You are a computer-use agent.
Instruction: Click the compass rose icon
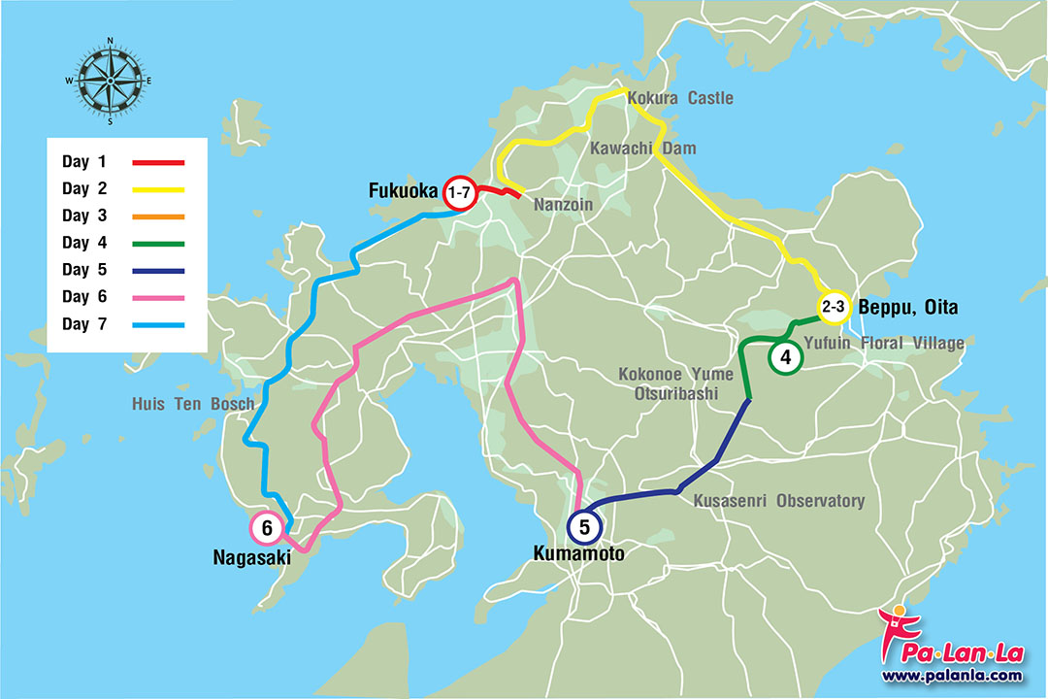pyautogui.click(x=110, y=82)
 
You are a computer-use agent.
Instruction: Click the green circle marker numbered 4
pyautogui.click(x=785, y=357)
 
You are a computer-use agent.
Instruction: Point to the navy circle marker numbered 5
pyautogui.click(x=584, y=527)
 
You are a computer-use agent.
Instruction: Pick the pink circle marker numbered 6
pyautogui.click(x=267, y=528)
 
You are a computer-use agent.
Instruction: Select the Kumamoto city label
pyautogui.click(x=578, y=553)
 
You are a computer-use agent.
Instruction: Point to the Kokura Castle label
pyautogui.click(x=680, y=98)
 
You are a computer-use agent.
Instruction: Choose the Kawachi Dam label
pyautogui.click(x=640, y=148)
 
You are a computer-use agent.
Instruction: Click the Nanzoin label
pyautogui.click(x=564, y=206)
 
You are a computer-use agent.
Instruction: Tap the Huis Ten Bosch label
pyautogui.click(x=193, y=404)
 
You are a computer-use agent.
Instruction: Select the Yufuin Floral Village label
pyautogui.click(x=884, y=343)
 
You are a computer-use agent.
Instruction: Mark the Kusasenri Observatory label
pyautogui.click(x=778, y=501)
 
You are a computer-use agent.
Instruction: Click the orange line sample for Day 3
pyautogui.click(x=157, y=216)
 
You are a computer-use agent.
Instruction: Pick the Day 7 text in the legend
pyautogui.click(x=89, y=323)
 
